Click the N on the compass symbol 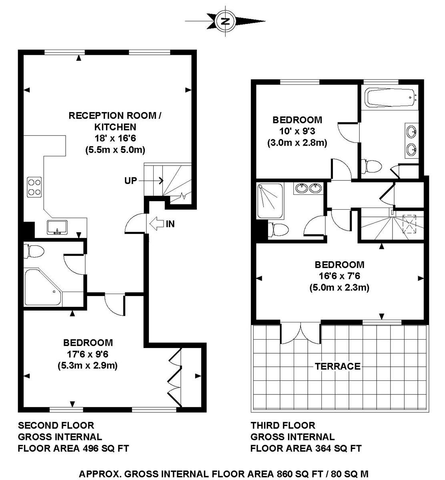(x=225, y=21)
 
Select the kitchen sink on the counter (x=58, y=227)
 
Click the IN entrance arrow (x=157, y=224)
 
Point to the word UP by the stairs (x=130, y=180)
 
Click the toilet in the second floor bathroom (x=34, y=251)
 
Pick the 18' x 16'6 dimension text (x=115, y=138)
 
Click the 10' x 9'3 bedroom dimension (x=297, y=131)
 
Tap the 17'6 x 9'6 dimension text (x=88, y=354)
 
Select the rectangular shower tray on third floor (x=270, y=201)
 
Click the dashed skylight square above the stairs (x=409, y=224)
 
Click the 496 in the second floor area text (x=91, y=448)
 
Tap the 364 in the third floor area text (x=323, y=448)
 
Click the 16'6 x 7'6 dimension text (x=339, y=276)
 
